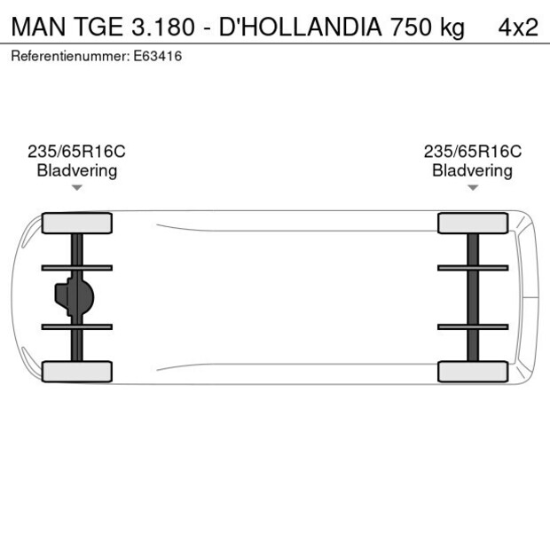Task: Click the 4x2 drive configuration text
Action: coord(517,27)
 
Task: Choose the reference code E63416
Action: coord(160,56)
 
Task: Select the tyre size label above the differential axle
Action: coord(77,152)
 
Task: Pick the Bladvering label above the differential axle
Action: coord(77,170)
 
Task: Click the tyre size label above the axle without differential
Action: coord(472,152)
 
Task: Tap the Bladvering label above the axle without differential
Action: coord(472,170)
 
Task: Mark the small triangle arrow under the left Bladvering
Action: coord(77,187)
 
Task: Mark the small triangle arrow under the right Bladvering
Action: coord(473,187)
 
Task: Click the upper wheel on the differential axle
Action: coord(77,224)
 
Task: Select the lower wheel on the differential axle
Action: coord(77,372)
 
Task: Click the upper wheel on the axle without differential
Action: coord(473,224)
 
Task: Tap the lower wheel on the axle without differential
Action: coord(473,372)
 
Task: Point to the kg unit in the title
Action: coord(452,27)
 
